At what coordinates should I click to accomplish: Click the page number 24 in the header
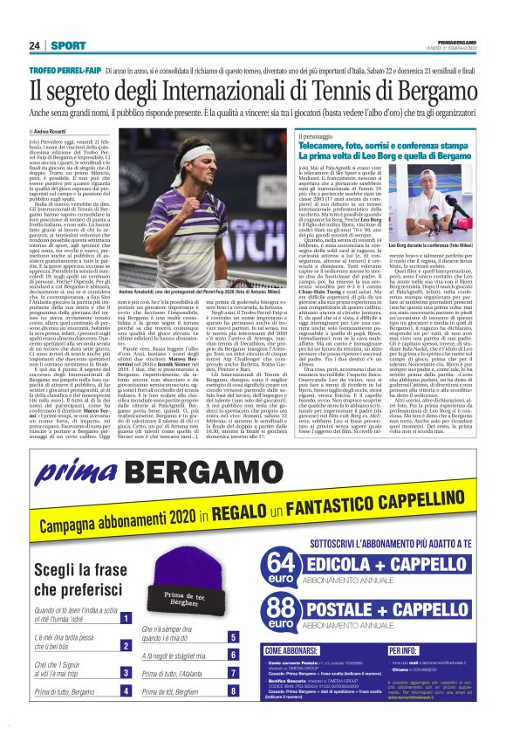pos(34,45)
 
